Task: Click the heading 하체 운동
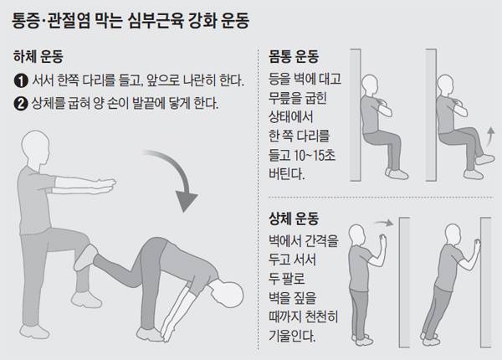[38, 58]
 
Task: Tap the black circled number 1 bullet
[21, 81]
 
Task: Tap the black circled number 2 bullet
[21, 105]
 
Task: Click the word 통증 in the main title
[30, 17]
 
